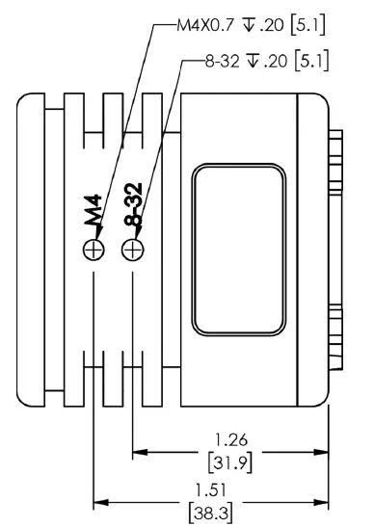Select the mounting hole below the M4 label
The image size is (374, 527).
93,250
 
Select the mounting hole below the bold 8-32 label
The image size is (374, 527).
132,250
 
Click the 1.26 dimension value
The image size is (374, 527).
230,440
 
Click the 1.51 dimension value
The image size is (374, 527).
230,489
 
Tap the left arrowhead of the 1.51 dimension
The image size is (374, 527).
100,500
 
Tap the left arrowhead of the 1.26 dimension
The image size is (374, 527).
139,451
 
